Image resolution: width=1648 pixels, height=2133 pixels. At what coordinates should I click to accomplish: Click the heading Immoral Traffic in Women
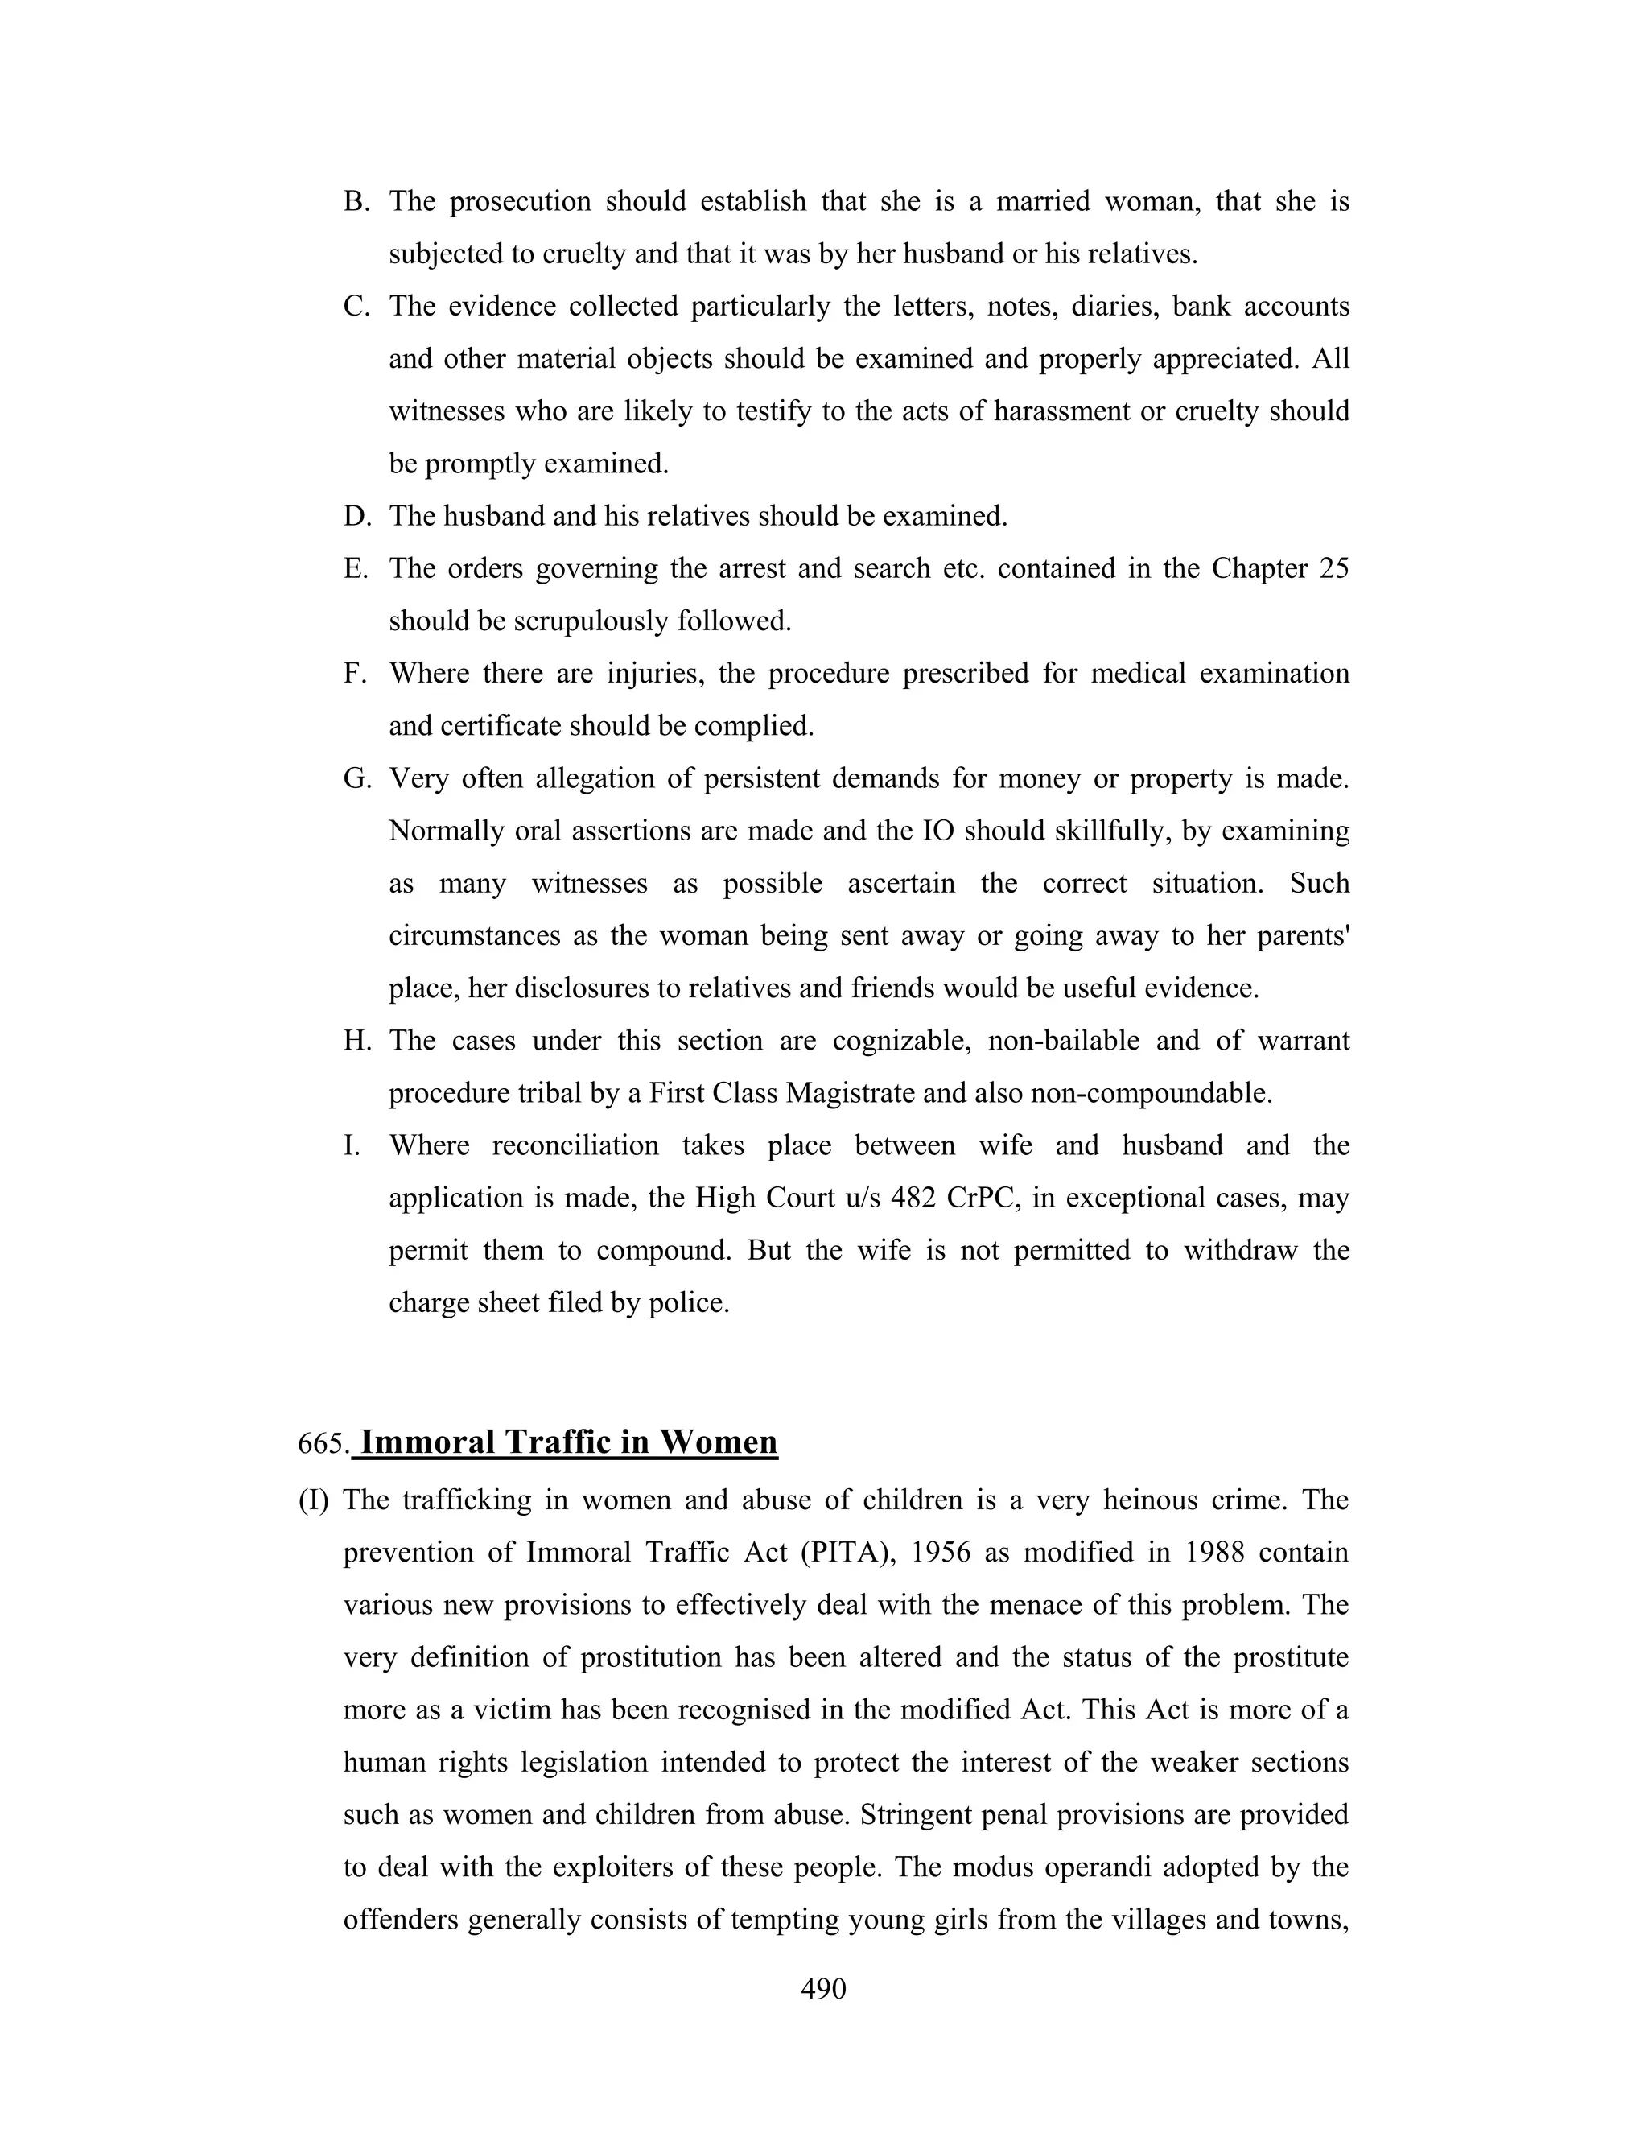point(568,1442)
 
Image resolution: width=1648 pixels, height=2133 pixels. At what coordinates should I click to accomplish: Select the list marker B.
point(356,201)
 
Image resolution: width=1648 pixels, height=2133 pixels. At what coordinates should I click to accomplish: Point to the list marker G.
point(357,778)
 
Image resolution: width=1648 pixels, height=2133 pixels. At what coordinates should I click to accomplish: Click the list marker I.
point(352,1145)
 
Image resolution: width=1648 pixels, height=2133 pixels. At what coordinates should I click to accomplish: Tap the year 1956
point(940,1552)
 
